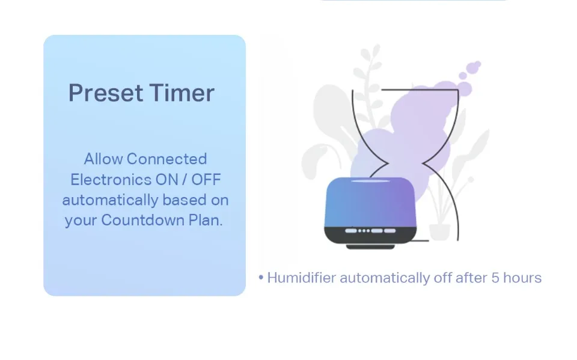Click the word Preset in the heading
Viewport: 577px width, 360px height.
pyautogui.click(x=106, y=93)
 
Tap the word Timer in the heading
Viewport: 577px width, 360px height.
pyautogui.click(x=182, y=93)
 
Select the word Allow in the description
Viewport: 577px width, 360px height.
pyautogui.click(x=103, y=159)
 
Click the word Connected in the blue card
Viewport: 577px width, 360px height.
pyautogui.click(x=166, y=159)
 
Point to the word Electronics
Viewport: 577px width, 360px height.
pyautogui.click(x=111, y=180)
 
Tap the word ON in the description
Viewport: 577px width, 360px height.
pyautogui.click(x=167, y=180)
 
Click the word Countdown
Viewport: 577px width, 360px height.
pyautogui.click(x=143, y=220)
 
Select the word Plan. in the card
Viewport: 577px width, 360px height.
pyautogui.click(x=206, y=220)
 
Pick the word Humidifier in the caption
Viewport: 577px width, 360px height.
pyautogui.click(x=301, y=278)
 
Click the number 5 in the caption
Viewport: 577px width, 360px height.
pyautogui.click(x=495, y=278)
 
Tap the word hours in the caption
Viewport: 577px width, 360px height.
pyautogui.click(x=522, y=278)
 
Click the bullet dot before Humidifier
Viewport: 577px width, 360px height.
pyautogui.click(x=261, y=278)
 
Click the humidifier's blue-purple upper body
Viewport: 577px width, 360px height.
pyautogui.click(x=370, y=202)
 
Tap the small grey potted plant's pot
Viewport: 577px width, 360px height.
pyautogui.click(x=439, y=232)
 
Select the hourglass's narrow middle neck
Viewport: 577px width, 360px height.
pyautogui.click(x=405, y=163)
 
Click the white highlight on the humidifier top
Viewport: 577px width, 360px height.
pyautogui.click(x=370, y=181)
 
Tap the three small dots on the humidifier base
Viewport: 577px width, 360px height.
pyautogui.click(x=364, y=231)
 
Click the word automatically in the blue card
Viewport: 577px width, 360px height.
pyautogui.click(x=111, y=200)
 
